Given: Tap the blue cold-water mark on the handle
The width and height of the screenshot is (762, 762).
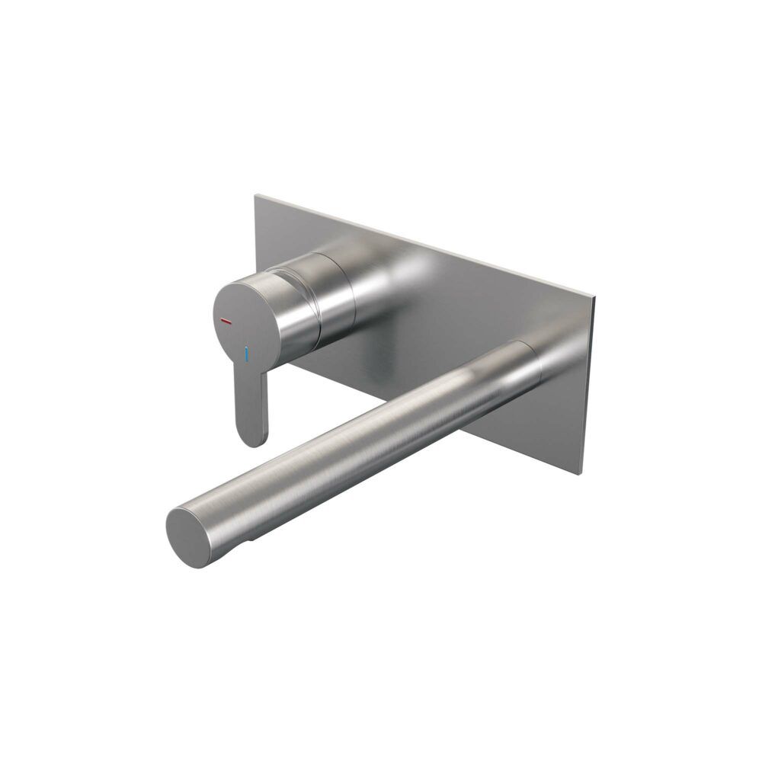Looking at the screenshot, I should click(x=246, y=354).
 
